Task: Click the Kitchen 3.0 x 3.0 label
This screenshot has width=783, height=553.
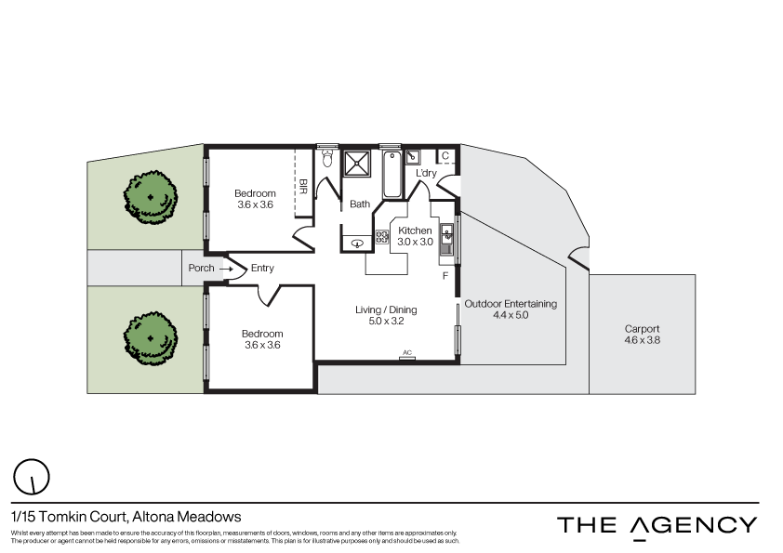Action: point(415,236)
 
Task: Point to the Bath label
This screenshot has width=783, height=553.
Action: point(360,204)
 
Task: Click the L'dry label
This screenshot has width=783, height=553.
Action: point(426,174)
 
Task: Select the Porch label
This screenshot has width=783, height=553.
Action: point(201,269)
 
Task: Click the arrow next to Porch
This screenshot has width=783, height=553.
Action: point(226,269)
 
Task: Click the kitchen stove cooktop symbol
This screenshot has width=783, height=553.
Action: point(381,237)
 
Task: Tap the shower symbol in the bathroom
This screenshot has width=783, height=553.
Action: point(357,165)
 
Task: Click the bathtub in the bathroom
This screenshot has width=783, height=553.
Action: point(391,174)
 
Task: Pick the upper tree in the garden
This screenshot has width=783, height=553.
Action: point(150,197)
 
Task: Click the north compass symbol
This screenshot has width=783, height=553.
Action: point(33,477)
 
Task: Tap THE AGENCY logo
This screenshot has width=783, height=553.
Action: point(657,525)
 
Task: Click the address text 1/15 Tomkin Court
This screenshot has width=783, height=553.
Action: point(126,516)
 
